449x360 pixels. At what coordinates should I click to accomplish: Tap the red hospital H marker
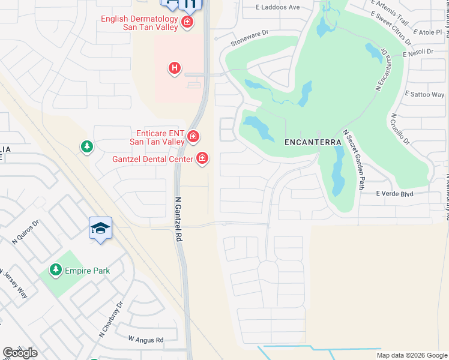click(174, 68)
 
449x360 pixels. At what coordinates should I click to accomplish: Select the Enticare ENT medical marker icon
click(193, 137)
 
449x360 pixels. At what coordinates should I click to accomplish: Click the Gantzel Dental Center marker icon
click(202, 158)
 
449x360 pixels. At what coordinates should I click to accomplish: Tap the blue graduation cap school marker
click(101, 229)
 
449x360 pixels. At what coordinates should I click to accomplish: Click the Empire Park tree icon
click(56, 271)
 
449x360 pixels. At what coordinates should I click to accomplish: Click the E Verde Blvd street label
click(395, 194)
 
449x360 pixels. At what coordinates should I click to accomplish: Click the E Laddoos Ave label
click(277, 7)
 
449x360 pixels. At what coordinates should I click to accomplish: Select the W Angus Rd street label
click(146, 340)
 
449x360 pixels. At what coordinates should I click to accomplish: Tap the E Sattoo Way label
click(425, 95)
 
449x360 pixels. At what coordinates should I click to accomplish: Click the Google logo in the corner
click(20, 352)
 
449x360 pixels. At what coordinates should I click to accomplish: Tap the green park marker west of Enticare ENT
click(87, 146)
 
